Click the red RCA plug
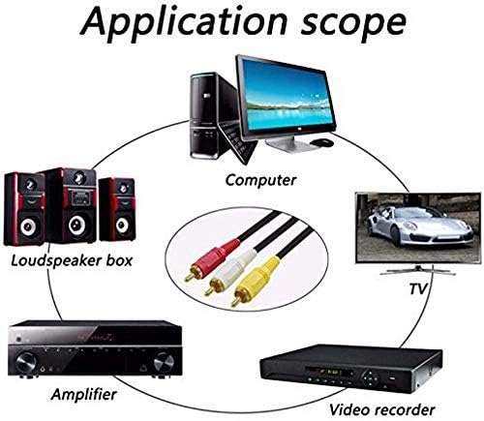coord(211,258)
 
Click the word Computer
coord(260,180)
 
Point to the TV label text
coord(418,288)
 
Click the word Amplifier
coord(83,394)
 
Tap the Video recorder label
coord(382,409)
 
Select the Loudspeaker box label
coord(72,260)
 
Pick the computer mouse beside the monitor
coord(321,142)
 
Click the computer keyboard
coord(237,142)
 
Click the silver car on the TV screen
coord(419,226)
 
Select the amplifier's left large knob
coord(26,363)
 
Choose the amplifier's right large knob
coord(164,363)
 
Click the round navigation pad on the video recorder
coord(371,377)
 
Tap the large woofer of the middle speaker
coord(76,225)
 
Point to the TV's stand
coord(418,269)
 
